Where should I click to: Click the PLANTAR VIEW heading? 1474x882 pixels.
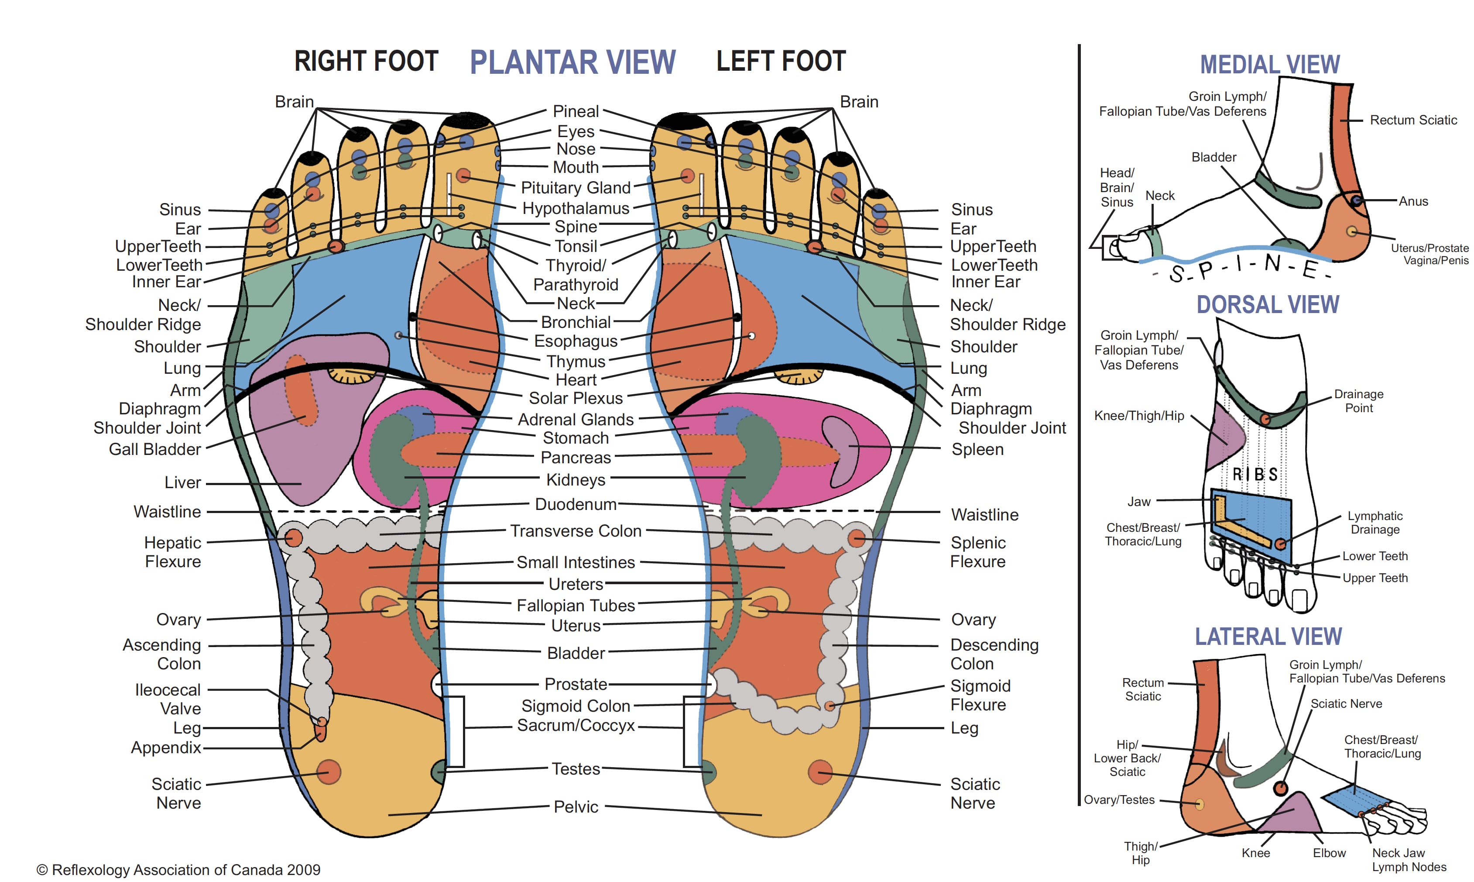click(572, 62)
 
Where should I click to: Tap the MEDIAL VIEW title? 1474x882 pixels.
click(1270, 64)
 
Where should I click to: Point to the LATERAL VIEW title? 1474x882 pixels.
click(1268, 637)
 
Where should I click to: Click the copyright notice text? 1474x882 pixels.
click(178, 869)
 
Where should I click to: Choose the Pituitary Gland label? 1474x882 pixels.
click(576, 188)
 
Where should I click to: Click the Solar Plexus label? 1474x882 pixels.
click(576, 398)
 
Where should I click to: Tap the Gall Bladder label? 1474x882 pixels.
click(155, 449)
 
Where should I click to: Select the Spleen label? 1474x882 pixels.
click(977, 449)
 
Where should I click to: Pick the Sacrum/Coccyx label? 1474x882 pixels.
click(576, 726)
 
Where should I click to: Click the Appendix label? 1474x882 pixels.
click(166, 748)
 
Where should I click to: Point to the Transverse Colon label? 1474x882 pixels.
click(576, 531)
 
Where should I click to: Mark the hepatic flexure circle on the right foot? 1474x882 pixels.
click(293, 538)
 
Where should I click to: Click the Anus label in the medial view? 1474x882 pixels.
click(1413, 201)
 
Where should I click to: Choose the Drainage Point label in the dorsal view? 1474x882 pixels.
click(1358, 401)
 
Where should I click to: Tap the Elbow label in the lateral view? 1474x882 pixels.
click(1329, 853)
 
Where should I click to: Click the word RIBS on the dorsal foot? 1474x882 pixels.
click(1255, 474)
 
